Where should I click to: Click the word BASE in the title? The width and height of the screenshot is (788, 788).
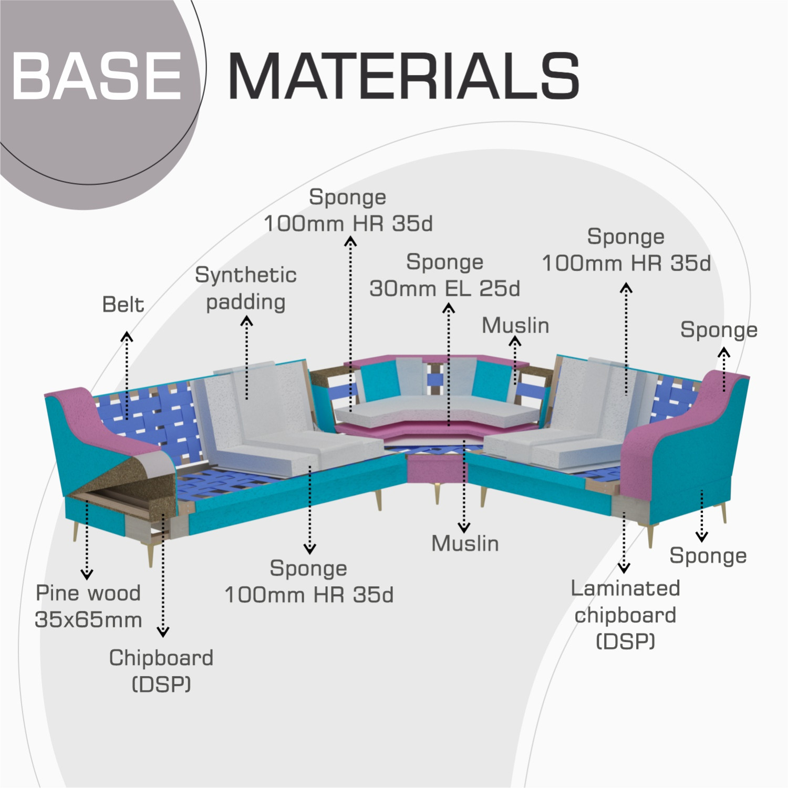click(x=97, y=76)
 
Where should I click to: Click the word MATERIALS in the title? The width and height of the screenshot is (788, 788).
click(x=403, y=76)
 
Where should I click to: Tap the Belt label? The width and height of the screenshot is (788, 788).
click(x=123, y=305)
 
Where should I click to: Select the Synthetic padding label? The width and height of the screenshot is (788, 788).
click(x=246, y=288)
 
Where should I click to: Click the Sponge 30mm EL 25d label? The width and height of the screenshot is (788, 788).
click(x=444, y=275)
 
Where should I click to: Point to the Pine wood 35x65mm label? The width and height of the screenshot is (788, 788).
click(x=88, y=606)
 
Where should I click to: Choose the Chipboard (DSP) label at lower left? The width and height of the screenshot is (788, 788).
click(x=161, y=671)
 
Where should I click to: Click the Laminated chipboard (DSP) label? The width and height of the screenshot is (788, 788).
click(x=625, y=615)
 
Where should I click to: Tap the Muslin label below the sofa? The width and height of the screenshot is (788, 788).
click(x=465, y=544)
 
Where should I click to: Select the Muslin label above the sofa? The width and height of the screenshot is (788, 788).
click(x=515, y=326)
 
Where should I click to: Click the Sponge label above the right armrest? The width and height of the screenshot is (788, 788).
click(x=719, y=330)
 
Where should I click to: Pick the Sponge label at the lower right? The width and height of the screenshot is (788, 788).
click(x=708, y=556)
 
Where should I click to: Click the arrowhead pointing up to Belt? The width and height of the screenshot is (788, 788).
click(x=126, y=336)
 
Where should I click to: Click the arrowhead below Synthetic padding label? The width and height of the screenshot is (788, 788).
click(x=246, y=321)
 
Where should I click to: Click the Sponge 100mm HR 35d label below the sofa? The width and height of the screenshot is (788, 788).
click(x=309, y=582)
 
